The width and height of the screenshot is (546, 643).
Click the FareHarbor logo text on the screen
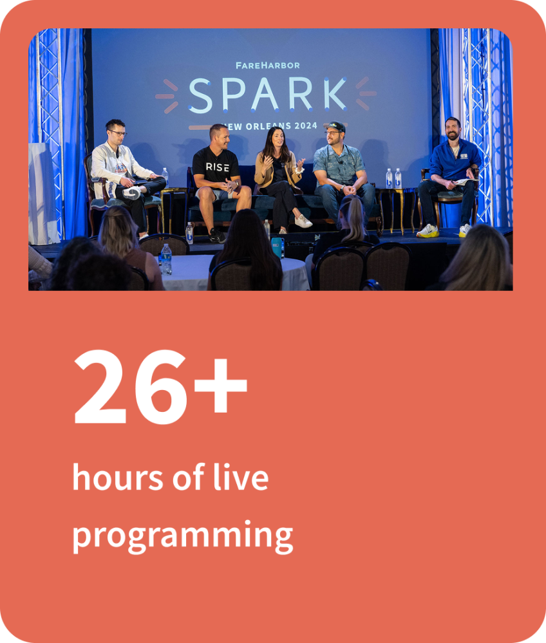point(267,65)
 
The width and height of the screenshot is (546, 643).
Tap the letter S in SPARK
point(200,96)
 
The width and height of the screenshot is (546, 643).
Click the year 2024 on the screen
point(306,126)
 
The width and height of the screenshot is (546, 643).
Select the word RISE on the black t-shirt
point(218,167)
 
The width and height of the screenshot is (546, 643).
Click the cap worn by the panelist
point(336,126)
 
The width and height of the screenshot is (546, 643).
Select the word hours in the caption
point(118,478)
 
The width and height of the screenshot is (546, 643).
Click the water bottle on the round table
point(165,259)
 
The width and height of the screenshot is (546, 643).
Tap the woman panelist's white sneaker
point(303,221)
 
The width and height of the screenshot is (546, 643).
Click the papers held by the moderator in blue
point(466,181)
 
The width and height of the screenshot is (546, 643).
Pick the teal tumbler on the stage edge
point(278,248)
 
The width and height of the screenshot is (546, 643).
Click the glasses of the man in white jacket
point(118,133)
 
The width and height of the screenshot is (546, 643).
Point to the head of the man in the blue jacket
point(452,129)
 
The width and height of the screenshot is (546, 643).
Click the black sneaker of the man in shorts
point(216,236)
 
